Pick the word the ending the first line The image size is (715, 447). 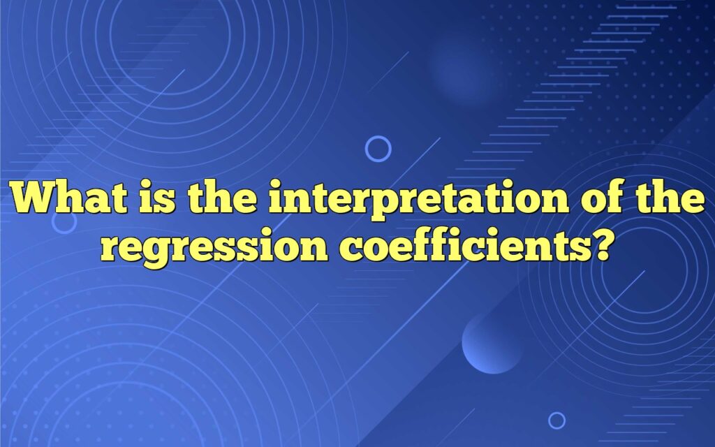[x=668, y=200]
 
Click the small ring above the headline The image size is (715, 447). [x=378, y=149]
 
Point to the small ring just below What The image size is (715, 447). [x=64, y=222]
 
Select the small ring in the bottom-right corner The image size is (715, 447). [x=556, y=420]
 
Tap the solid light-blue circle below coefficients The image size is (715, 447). [x=492, y=343]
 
